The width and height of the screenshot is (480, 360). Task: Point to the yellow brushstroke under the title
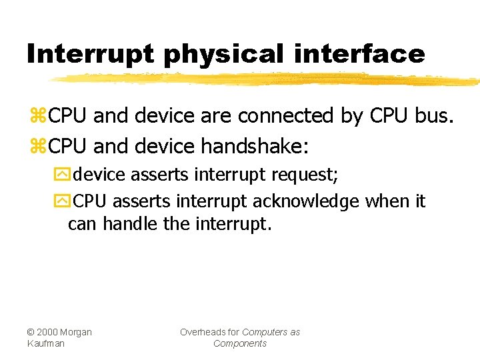[267, 80]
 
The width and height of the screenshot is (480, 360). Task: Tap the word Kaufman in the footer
[46, 343]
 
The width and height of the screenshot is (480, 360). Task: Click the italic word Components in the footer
[240, 343]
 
